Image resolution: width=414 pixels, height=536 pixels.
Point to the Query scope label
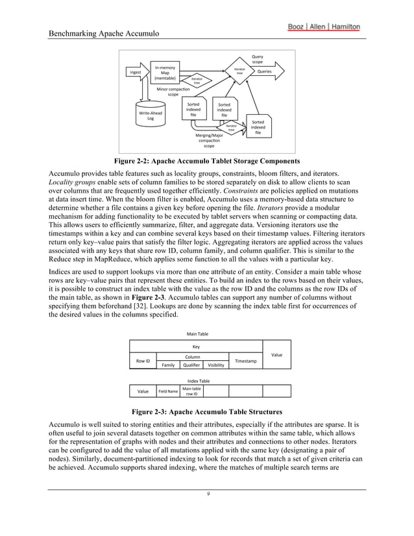tap(258, 59)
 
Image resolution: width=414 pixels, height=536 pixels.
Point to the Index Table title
tap(199, 380)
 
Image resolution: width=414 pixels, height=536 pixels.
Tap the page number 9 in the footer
tap(206, 494)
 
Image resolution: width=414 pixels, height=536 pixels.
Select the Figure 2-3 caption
tap(206, 411)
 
